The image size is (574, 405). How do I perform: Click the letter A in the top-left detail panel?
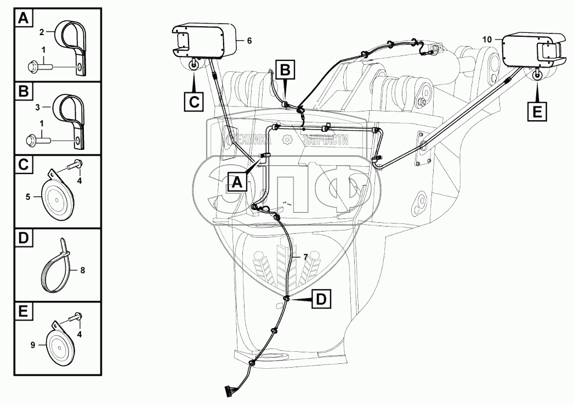(x=23, y=20)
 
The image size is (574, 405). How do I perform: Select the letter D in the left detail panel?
(x=23, y=239)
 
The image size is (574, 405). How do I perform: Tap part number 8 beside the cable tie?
(x=83, y=269)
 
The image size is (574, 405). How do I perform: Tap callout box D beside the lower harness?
(x=322, y=300)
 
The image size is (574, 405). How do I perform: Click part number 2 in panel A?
(x=41, y=32)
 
